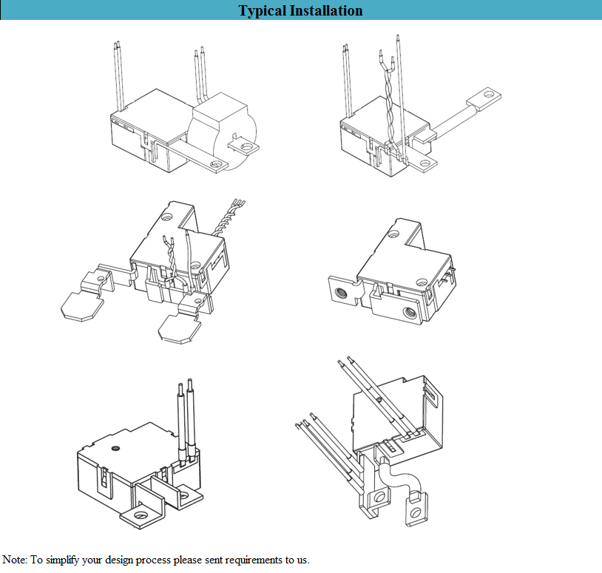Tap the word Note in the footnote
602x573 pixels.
15,560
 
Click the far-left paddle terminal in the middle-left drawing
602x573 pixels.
77,304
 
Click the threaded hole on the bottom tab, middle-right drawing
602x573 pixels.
407,313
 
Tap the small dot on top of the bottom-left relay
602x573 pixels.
116,448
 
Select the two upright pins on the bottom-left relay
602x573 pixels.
185,418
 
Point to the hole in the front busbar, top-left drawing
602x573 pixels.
217,164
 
